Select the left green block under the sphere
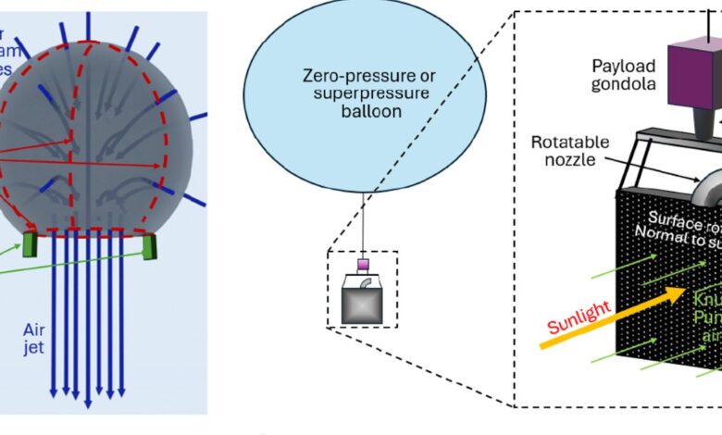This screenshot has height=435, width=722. coord(28,245)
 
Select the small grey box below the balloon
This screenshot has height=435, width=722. coord(364,300)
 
